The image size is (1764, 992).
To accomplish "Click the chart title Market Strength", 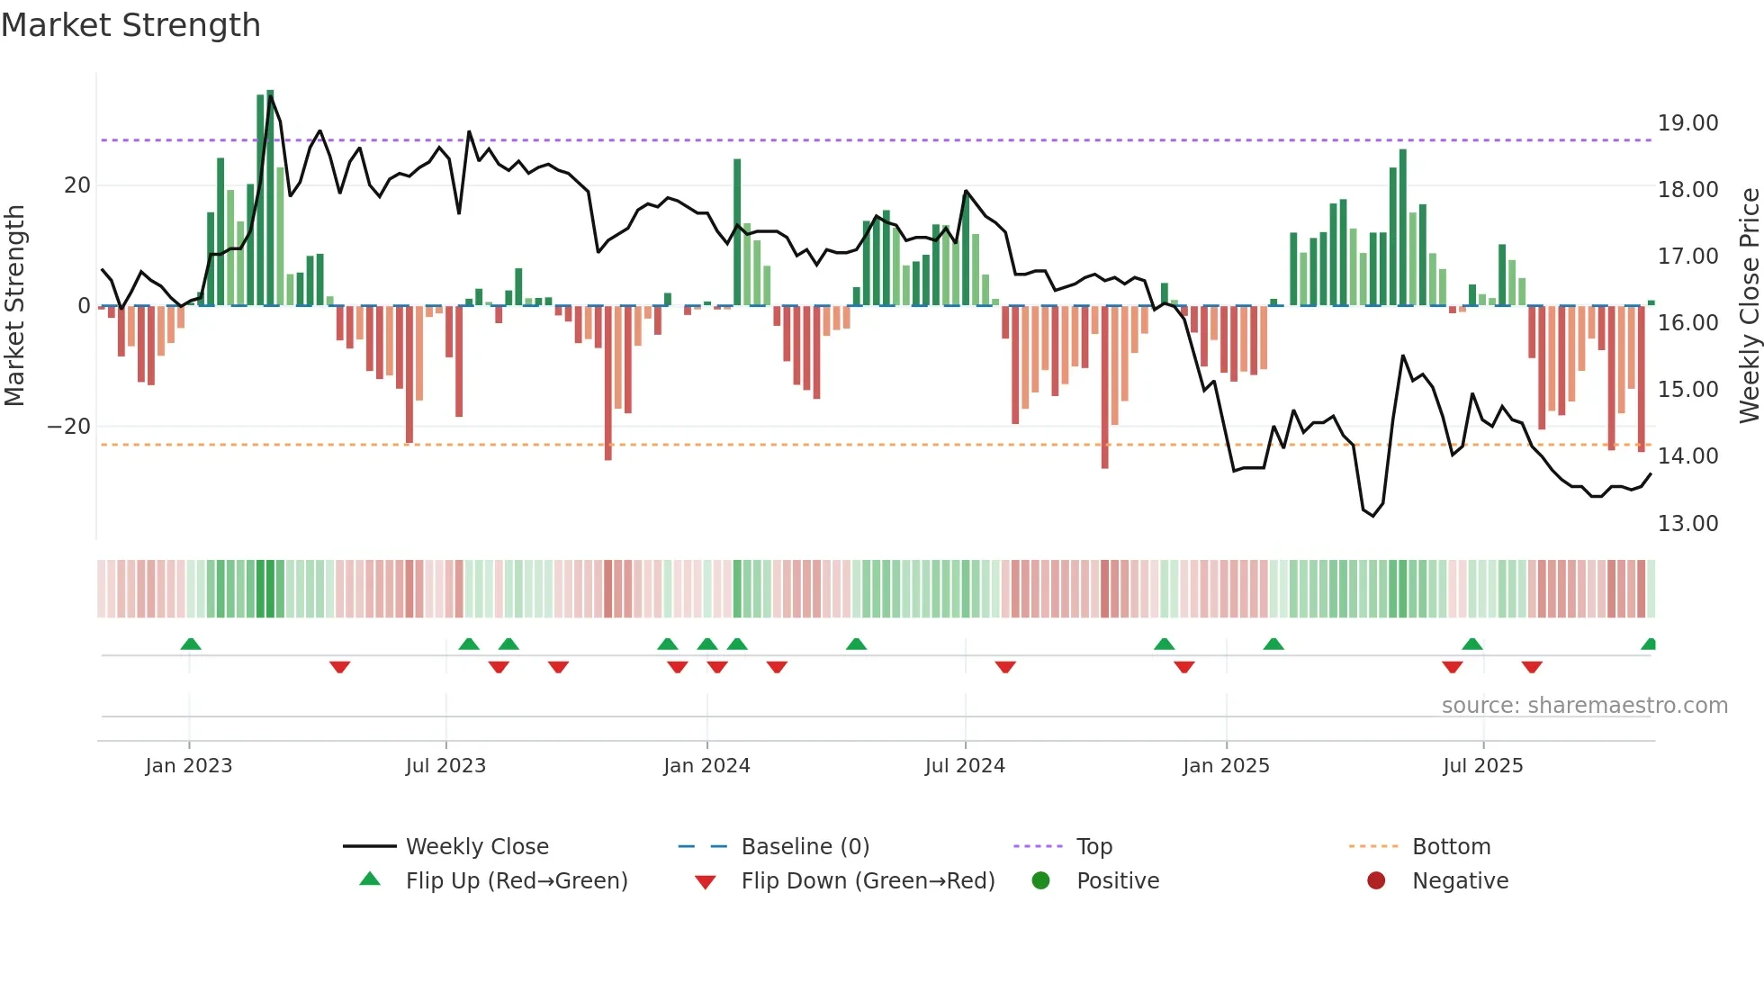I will (x=131, y=25).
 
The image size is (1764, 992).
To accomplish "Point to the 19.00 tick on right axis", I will (x=1687, y=123).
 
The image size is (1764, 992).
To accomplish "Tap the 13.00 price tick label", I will (x=1687, y=524).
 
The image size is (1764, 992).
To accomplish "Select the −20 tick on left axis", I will (x=69, y=427).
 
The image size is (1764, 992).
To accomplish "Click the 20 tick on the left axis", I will (x=77, y=185).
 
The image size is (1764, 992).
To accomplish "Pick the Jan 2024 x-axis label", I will (x=706, y=766).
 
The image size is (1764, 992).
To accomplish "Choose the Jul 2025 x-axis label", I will (x=1482, y=766).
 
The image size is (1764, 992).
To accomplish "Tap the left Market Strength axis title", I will (x=14, y=306).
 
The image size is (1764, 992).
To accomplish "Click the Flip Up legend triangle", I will (x=370, y=879).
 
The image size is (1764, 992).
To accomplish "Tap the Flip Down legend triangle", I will (x=706, y=882).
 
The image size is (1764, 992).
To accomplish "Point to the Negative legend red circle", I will (x=1376, y=880).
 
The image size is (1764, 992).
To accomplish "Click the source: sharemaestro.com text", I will (x=1584, y=706).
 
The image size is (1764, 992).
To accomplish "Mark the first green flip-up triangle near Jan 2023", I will (x=191, y=644).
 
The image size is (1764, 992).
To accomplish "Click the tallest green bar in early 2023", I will (x=270, y=198).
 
